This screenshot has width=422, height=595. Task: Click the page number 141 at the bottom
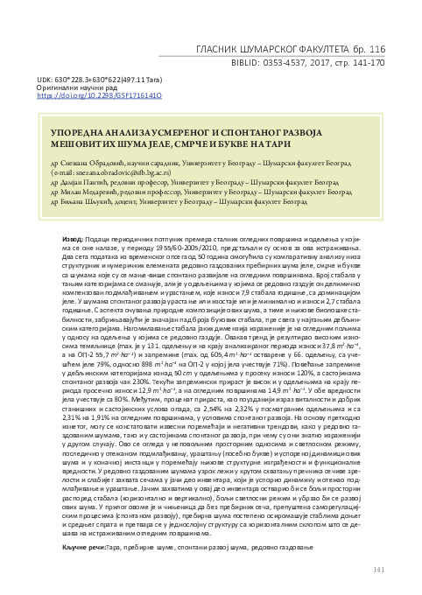378,570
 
